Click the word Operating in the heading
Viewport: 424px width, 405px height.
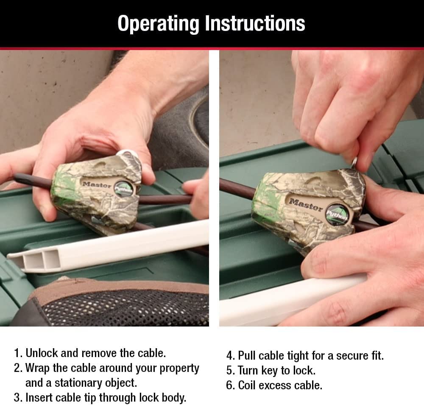click(158, 24)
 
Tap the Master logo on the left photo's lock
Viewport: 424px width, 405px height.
click(97, 185)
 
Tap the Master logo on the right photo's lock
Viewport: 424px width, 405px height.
click(306, 205)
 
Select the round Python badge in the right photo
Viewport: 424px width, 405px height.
click(337, 214)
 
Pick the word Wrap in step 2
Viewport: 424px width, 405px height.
click(37, 369)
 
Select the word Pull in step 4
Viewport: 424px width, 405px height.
click(247, 355)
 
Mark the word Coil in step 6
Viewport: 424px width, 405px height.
click(247, 385)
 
